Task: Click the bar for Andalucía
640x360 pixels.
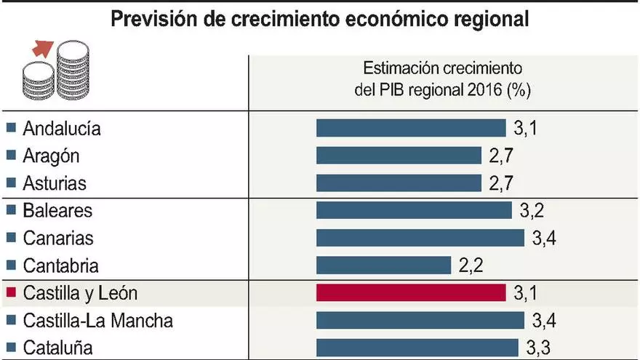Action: pos(411,129)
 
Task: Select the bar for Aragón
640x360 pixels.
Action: pos(399,156)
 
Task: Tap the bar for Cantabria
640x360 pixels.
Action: pos(383,265)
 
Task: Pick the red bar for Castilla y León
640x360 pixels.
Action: pos(411,292)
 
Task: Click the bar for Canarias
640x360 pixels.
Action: pos(420,238)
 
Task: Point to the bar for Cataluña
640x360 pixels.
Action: pos(417,347)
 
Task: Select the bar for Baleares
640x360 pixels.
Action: pos(414,211)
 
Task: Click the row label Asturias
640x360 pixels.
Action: pos(55,183)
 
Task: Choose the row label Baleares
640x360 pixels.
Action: pos(57,211)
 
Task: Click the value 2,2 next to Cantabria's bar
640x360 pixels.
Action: pos(471,265)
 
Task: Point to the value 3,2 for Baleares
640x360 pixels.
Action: pos(532,211)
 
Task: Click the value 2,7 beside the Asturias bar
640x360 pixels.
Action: pos(502,183)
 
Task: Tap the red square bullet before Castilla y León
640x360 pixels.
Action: pos(10,293)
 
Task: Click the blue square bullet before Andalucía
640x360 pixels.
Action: pos(10,129)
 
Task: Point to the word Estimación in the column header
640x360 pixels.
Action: pos(399,70)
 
